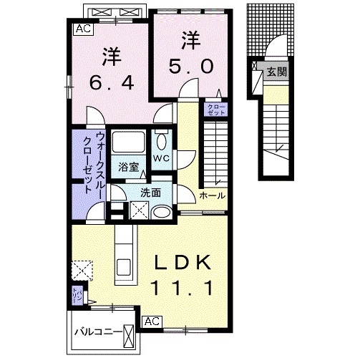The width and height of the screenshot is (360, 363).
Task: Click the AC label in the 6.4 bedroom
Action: (x=83, y=29)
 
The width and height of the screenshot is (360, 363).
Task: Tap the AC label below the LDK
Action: (x=151, y=321)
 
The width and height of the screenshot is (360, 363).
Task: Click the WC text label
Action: (x=162, y=158)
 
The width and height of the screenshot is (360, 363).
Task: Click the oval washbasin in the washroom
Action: (x=162, y=211)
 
